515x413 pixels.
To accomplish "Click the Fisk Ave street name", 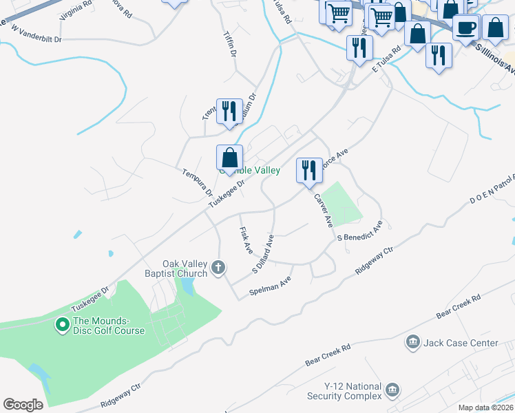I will tap(245, 240).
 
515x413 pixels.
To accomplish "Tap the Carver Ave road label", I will tap(324, 211).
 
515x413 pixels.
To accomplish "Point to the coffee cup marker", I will tap(465, 28).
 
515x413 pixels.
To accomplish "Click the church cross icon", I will tap(218, 267).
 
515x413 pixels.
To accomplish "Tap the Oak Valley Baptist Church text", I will tap(185, 268).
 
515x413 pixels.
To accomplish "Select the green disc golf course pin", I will tap(62, 322).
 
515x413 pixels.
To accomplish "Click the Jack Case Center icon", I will tap(413, 342).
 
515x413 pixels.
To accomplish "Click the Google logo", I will tap(23, 404).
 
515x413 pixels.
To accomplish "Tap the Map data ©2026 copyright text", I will tap(485, 407).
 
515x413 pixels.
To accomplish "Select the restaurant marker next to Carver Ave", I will tap(308, 169).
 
